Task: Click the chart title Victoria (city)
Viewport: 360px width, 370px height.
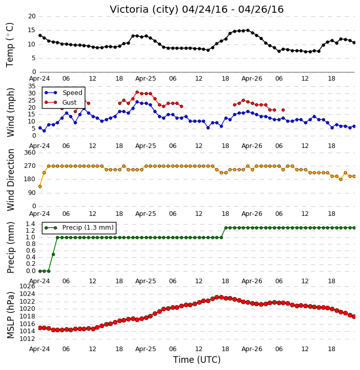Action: pos(146,10)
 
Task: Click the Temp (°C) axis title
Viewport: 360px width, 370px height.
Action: pos(10,44)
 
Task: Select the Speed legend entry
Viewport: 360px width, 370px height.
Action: pos(63,93)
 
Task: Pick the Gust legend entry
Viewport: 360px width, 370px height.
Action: pos(61,103)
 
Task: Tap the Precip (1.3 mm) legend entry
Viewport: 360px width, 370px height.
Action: pos(79,228)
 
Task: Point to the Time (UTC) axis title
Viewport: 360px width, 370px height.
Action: pos(197,360)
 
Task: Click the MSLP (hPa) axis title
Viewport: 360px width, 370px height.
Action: pos(10,315)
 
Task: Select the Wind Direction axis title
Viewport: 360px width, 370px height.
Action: pos(10,180)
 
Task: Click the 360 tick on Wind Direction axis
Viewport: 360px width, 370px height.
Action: pos(30,153)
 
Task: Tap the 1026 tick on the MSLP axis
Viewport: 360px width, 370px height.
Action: pos(27,286)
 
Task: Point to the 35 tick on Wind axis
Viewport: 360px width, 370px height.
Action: pos(32,86)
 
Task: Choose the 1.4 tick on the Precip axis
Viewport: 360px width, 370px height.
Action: pos(31,224)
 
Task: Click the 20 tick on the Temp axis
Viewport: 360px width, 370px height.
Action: pos(32,16)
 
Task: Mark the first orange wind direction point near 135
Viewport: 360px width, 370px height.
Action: pos(40,187)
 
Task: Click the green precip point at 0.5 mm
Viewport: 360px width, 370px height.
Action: pos(53,254)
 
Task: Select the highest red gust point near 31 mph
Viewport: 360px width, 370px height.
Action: pos(137,92)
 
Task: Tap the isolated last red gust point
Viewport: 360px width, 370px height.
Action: pos(283,110)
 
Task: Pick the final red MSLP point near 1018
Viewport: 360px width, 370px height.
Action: pos(354,317)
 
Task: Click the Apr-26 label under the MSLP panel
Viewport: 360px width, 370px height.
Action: pos(252,349)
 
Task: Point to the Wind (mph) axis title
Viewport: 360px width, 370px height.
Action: pos(10,113)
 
